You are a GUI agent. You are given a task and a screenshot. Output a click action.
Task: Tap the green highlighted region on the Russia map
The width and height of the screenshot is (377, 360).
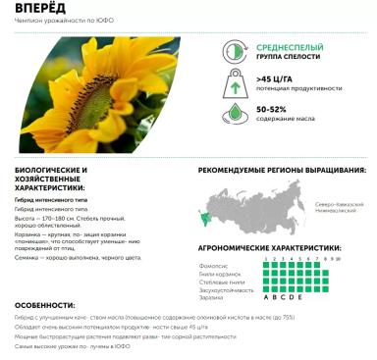pos(207,215)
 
